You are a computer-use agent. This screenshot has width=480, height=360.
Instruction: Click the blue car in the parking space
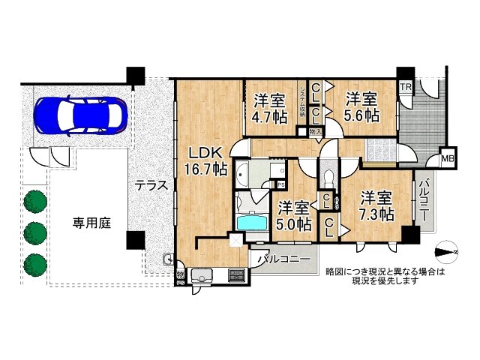point(78,115)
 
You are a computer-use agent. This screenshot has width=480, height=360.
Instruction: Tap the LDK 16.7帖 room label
point(207,159)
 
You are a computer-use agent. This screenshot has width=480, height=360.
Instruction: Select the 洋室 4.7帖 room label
point(269,107)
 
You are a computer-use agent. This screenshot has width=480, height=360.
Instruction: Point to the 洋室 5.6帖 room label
point(361,107)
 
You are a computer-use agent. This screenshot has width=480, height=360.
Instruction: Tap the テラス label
point(151,187)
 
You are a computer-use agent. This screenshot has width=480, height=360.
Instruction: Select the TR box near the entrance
point(405,87)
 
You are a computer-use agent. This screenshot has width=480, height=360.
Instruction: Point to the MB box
point(448,158)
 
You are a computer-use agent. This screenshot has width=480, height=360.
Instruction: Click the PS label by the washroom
point(281,184)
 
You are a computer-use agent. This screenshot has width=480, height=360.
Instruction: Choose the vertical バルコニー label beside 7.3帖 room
point(424,199)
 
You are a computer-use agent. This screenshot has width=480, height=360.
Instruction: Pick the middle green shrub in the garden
point(34,232)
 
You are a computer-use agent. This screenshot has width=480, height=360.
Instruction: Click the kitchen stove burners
point(235,276)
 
